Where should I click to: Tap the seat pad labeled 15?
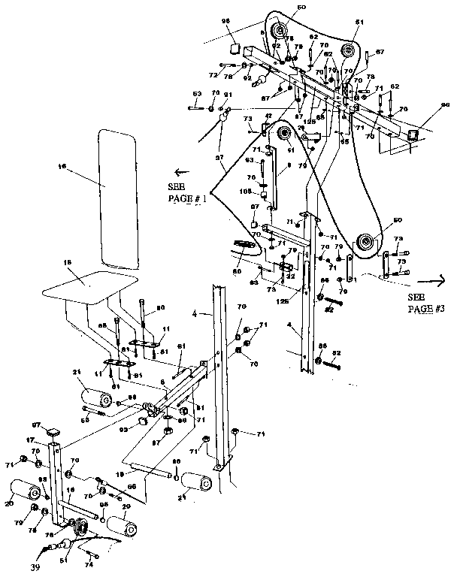tap(88, 284)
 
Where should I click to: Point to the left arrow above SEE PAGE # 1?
tap(181, 171)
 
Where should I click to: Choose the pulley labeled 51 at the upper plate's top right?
tap(347, 50)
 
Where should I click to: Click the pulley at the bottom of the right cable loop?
tap(365, 242)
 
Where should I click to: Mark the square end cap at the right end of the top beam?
tap(412, 134)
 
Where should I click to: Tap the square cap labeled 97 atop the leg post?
tap(53, 432)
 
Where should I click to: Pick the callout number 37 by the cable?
tap(219, 157)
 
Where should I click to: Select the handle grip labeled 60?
tap(242, 246)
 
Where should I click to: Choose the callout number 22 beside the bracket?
tap(289, 276)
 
